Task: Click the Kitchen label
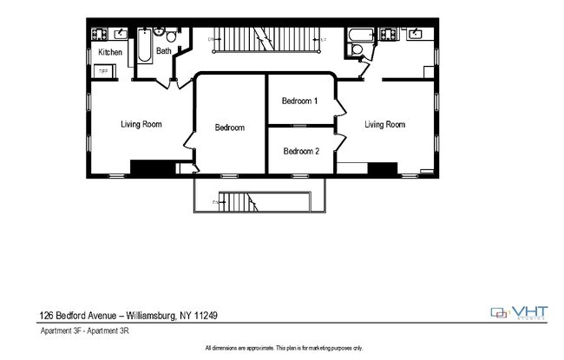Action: (x=110, y=53)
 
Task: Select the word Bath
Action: (x=163, y=51)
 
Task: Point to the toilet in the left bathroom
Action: (x=172, y=37)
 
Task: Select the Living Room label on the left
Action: (x=141, y=124)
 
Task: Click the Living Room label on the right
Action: (x=384, y=125)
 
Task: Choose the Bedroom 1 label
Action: (x=300, y=101)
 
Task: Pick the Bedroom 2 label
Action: (x=301, y=151)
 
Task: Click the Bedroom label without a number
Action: (x=230, y=128)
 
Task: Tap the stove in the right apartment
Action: (x=388, y=35)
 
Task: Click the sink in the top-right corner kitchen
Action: (x=415, y=35)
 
